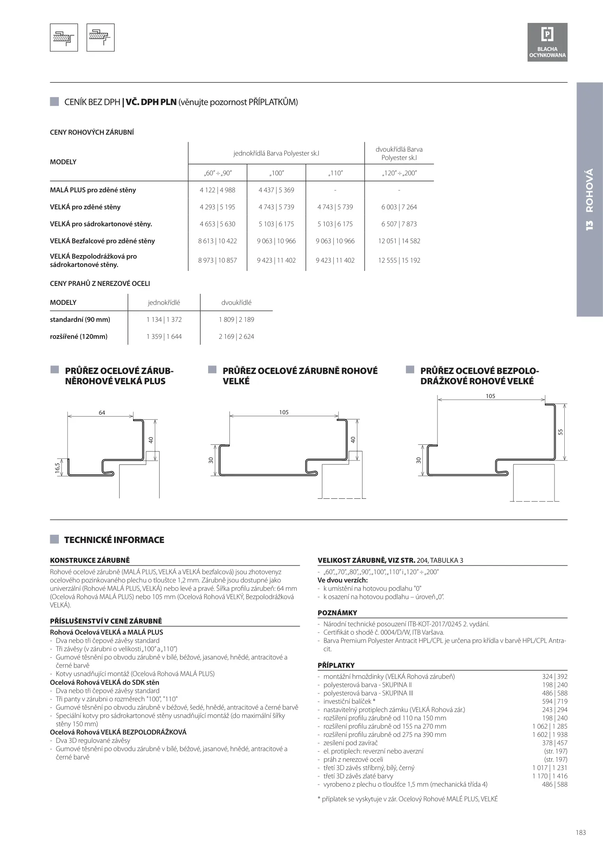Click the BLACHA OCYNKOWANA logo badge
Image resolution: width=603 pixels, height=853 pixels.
click(547, 42)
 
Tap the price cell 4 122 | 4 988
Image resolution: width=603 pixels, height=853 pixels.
click(217, 190)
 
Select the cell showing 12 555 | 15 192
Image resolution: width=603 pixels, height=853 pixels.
click(399, 260)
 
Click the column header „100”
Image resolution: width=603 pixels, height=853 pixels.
click(276, 173)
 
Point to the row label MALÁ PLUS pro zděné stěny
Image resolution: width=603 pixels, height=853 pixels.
click(93, 190)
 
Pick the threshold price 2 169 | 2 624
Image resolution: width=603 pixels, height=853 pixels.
click(236, 336)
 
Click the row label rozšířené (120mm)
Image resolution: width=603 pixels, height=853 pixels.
click(79, 336)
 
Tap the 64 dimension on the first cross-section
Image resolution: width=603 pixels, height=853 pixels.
click(102, 413)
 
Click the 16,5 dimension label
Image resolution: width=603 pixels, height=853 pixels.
click(58, 468)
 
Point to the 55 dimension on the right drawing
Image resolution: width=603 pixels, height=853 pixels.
click(560, 432)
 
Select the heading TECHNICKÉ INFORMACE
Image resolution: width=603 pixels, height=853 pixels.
click(114, 540)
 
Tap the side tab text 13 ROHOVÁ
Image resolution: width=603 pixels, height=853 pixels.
click(589, 200)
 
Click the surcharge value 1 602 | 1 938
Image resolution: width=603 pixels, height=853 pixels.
click(550, 735)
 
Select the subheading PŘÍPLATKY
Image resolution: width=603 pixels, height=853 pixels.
click(336, 665)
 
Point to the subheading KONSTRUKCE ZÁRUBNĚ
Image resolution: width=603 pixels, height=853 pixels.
click(90, 560)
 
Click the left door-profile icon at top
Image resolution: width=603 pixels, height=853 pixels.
click(64, 38)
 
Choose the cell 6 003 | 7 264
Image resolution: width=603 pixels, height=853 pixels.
click(399, 207)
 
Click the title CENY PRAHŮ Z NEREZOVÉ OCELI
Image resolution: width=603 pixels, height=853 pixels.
click(100, 284)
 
